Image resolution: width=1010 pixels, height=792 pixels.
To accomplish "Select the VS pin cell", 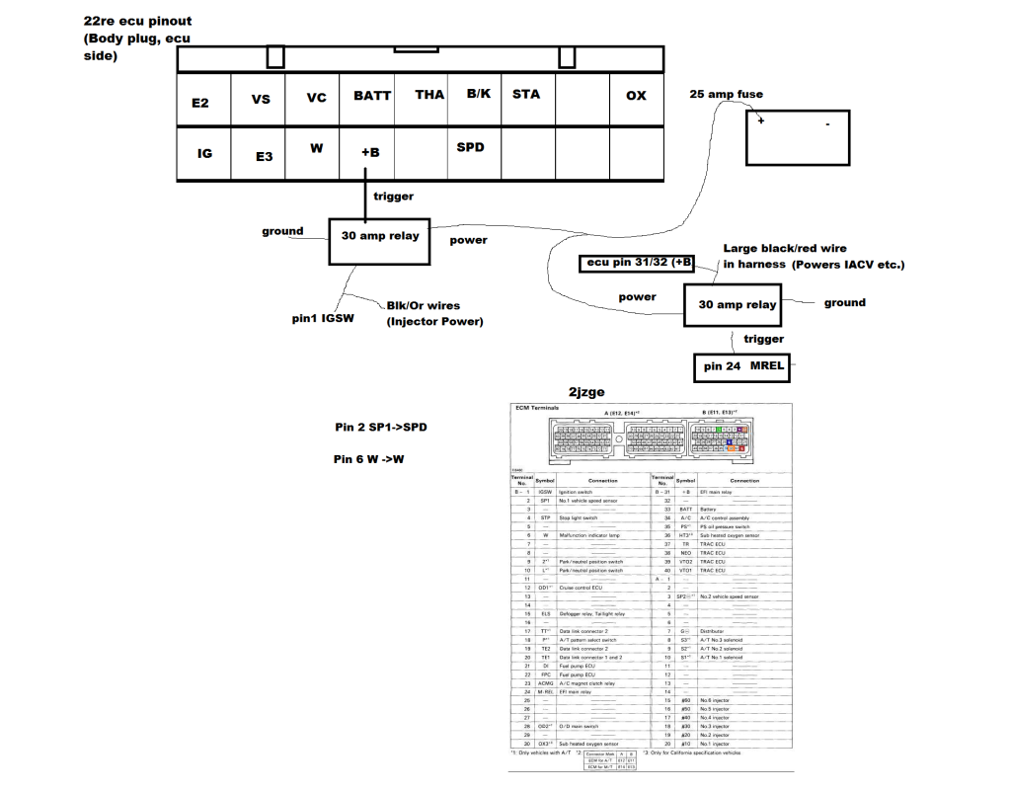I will coord(261,99).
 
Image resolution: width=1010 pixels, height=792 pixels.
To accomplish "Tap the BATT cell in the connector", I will coord(372,96).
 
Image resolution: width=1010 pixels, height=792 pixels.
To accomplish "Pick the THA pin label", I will coord(429,95).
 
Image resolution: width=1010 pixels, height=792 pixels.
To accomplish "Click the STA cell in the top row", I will coord(526,94).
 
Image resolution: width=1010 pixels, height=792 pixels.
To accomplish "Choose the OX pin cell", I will coord(636,96).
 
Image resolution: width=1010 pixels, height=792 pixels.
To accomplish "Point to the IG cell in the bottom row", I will coord(204,153).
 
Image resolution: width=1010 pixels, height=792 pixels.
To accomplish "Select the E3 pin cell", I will coord(264,156).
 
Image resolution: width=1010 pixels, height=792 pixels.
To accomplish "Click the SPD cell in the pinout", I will coord(471,147).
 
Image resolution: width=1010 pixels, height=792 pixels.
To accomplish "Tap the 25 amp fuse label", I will coord(726,95).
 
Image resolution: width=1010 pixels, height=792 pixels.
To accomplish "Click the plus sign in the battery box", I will coord(761,120).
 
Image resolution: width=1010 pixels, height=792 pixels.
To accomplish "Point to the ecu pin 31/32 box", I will coord(638,264).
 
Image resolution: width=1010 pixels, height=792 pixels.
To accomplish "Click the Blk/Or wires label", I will coord(423,306).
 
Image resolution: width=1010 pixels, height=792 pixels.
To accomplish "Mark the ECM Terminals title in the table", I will coord(537,407).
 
